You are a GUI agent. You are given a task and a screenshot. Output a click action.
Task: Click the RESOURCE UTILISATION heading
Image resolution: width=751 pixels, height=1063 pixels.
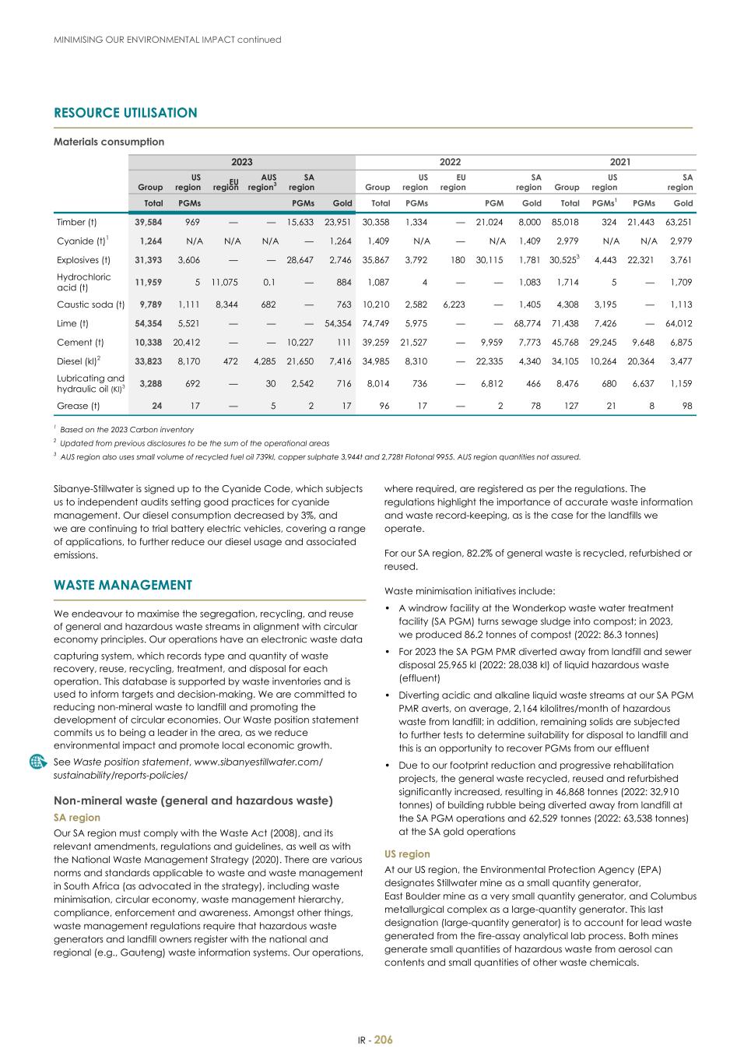[125, 113]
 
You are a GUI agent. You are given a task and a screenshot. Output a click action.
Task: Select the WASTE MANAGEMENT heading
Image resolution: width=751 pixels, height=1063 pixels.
[122, 585]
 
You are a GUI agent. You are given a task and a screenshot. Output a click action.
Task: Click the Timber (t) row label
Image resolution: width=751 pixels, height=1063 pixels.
[76, 222]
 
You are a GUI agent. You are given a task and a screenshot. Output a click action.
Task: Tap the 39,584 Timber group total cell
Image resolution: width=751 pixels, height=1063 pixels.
[149, 222]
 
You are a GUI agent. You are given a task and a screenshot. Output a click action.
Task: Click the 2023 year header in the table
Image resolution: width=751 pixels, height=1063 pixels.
[241, 162]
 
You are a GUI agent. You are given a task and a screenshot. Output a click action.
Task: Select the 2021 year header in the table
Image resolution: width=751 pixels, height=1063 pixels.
[619, 162]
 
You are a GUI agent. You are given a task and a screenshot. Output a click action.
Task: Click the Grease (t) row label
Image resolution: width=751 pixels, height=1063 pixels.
[78, 406]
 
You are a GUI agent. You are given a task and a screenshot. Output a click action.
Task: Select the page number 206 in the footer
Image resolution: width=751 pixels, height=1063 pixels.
[383, 1040]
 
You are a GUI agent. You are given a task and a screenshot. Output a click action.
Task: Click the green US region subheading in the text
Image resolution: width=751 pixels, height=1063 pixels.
[407, 854]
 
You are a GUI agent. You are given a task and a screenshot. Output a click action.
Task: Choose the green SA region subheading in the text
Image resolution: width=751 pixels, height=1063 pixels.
[76, 818]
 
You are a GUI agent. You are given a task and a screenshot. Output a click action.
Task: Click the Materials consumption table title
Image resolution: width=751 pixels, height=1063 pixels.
[109, 142]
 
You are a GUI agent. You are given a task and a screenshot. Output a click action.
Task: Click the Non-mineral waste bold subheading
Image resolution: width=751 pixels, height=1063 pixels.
[193, 801]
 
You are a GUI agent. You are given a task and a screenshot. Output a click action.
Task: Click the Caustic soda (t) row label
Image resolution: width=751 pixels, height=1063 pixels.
[90, 304]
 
